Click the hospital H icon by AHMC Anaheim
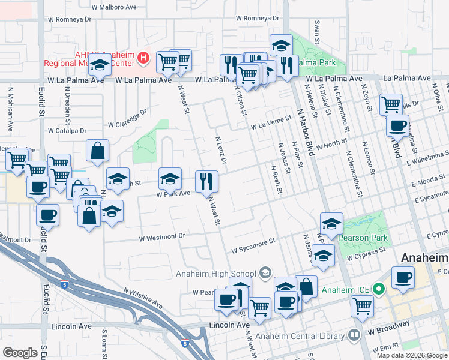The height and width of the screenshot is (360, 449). [x=143, y=58]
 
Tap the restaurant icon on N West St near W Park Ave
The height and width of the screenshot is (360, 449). [x=205, y=181]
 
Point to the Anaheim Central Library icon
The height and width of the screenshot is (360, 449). [x=355, y=335]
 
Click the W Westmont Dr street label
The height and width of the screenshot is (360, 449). [x=162, y=238]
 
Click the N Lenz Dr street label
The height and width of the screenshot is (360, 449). [x=220, y=150]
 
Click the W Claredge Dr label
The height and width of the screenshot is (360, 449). [x=127, y=119]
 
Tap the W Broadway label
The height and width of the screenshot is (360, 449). [x=388, y=328]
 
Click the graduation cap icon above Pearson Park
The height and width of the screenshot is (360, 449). [x=331, y=223]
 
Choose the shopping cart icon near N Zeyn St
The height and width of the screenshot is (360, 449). [x=391, y=104]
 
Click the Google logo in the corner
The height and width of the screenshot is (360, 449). [x=20, y=353]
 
